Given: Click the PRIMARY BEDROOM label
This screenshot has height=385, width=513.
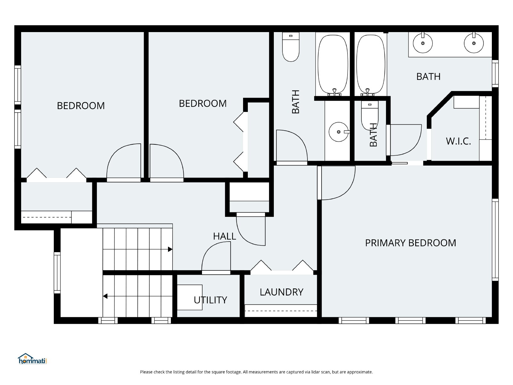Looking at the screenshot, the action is pos(410,243).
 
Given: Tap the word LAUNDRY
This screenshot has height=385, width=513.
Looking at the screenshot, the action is pos(282,292).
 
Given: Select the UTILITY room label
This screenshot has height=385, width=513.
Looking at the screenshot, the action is pos(210,300).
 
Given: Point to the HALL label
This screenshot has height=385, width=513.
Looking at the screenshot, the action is pos(224,236).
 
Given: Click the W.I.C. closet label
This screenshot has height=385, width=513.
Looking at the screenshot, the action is pos(458,141).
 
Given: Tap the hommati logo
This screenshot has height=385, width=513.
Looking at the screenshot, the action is pos(32,359).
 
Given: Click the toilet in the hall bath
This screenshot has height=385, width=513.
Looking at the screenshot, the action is pos(291,47).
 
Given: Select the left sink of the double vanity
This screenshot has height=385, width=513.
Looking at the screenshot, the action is pos(423,43).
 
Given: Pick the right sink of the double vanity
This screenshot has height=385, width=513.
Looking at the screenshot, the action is pos(474,43).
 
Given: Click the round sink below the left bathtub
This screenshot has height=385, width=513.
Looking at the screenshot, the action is pos(339,132).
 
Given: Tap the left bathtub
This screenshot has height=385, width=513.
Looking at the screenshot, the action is pos(333,64).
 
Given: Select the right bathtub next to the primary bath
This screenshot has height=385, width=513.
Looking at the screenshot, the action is pos(371,64).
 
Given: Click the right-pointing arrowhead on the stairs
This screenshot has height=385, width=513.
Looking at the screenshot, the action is pos(170,249).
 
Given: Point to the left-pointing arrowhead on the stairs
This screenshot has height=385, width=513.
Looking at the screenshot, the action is pos(105,296).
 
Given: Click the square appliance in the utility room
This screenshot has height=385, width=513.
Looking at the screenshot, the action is pos(189,297).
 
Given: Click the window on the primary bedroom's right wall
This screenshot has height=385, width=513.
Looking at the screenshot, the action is pos(495,240).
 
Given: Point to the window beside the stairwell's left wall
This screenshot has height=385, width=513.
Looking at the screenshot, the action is pos(57,273).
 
